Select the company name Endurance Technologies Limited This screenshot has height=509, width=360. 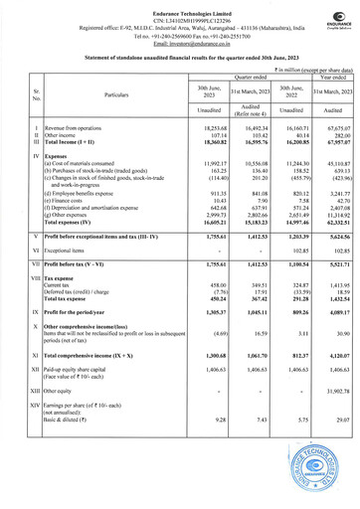pos(180,8)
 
